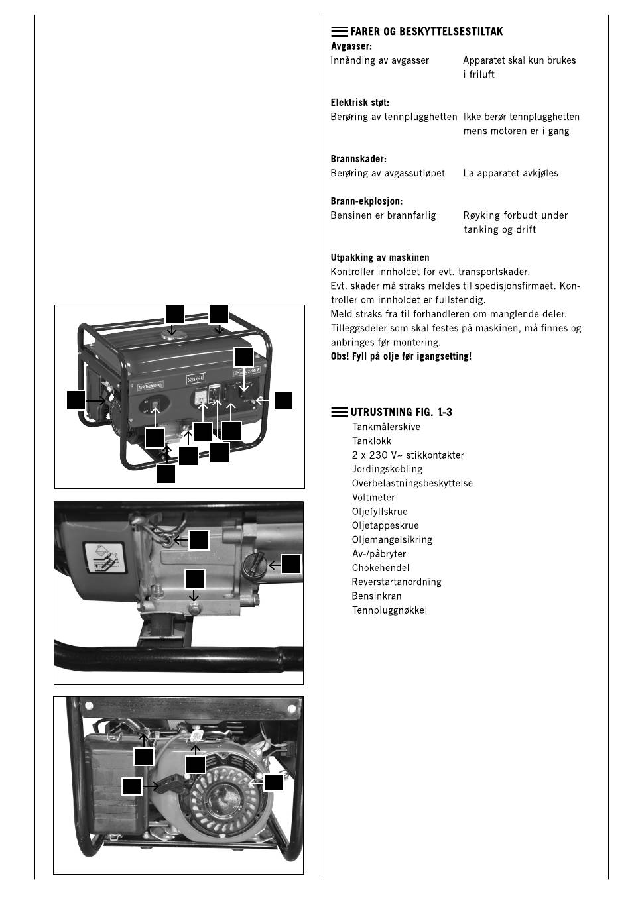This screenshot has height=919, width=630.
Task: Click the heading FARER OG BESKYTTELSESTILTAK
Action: pos(426,32)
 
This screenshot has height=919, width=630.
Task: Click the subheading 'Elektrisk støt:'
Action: pos(360,103)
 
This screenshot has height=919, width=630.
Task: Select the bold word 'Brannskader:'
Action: pos(358,159)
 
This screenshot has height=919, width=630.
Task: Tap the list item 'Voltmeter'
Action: pos(373,497)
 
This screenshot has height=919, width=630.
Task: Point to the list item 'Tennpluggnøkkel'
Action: pos(389,610)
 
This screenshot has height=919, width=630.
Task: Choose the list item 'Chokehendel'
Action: pos(381,568)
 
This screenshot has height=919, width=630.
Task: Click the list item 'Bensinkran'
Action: pos(376,596)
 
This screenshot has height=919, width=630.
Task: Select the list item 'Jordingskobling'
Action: pos(387,469)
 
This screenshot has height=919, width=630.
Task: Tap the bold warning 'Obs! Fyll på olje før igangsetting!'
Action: pos(401,356)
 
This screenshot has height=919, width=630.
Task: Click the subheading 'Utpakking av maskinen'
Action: pos(380,258)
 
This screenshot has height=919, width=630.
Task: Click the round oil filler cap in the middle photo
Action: pos(255,565)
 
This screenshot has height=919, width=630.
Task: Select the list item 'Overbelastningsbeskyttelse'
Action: pos(412,483)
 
